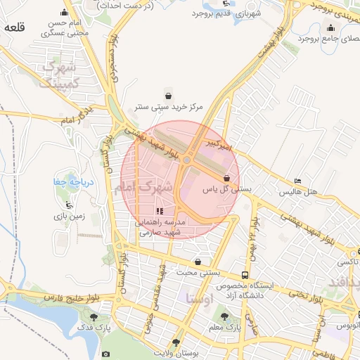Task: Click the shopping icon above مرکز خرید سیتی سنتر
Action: coord(168,95)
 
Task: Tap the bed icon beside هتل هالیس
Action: coord(297,181)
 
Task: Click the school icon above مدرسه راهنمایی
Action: coord(160,210)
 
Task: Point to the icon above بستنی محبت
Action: coord(198,262)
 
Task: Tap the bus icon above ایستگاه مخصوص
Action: coord(245,275)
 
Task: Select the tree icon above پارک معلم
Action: coord(224,316)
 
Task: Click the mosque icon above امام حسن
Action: coord(65,12)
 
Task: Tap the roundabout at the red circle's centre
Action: coord(188,161)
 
